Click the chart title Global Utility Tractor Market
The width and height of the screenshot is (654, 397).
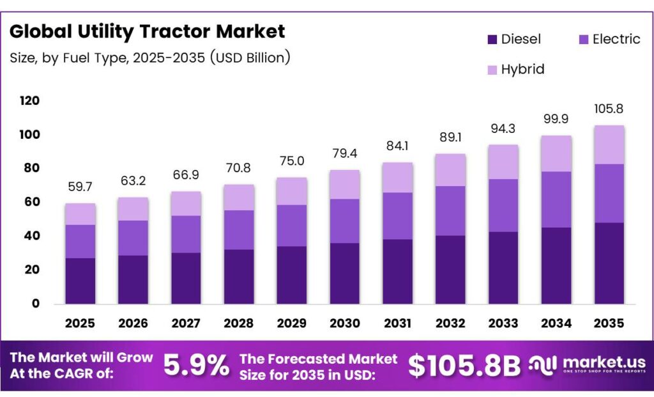coord(148,31)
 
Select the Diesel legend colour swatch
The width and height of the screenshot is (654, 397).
coord(492,40)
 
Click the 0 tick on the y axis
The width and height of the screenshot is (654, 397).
coord(36,304)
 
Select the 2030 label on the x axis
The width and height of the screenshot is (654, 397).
coord(344,323)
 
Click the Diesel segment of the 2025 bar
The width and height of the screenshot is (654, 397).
coord(80,281)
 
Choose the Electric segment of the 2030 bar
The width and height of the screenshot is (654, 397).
coord(344,221)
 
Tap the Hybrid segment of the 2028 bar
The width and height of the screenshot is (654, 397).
coord(239,198)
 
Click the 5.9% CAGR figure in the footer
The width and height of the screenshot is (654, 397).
coord(196,365)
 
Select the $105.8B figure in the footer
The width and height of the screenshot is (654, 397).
coord(464,365)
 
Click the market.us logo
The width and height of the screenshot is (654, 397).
coord(586,366)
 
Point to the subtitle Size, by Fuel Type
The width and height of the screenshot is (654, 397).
coord(150,58)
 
